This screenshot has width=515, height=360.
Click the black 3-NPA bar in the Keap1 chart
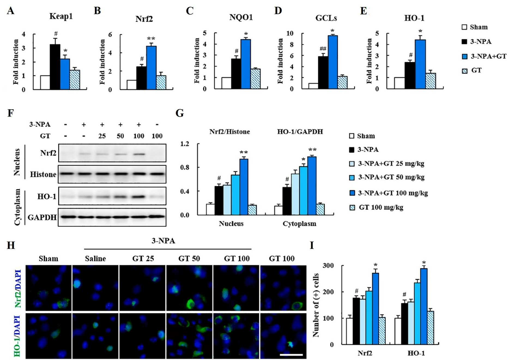click(55, 67)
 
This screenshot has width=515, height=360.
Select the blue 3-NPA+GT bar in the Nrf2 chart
click(151, 68)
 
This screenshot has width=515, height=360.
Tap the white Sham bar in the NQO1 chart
click(226, 83)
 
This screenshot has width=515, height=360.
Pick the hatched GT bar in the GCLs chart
click(343, 83)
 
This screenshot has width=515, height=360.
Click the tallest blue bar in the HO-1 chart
click(420, 64)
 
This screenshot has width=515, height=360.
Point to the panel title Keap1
click(61, 16)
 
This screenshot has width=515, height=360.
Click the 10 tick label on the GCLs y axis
click(290, 33)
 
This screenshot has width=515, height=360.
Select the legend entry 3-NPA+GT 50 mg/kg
click(387, 177)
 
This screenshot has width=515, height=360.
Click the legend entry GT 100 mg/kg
click(377, 208)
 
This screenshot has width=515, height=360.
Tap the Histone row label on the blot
click(43, 174)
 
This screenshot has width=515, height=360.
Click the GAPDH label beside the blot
click(42, 217)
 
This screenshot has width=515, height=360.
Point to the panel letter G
click(180, 113)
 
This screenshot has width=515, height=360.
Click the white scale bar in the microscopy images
click(291, 355)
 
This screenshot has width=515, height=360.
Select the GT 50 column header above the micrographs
click(189, 259)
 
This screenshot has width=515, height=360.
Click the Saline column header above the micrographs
click(95, 259)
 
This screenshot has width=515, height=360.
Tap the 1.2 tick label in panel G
click(184, 144)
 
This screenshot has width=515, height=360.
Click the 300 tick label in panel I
click(328, 265)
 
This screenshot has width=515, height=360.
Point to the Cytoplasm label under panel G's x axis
click(299, 224)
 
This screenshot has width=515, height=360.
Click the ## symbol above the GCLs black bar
click(323, 49)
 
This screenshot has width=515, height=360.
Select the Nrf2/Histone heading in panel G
click(230, 132)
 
